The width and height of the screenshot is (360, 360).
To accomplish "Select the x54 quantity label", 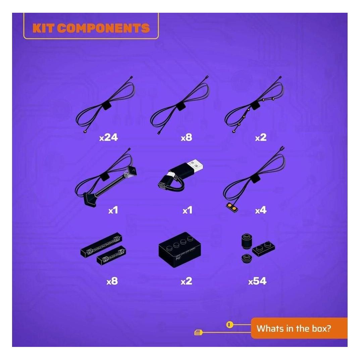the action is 257,281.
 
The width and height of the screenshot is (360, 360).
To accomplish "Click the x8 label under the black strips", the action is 112,281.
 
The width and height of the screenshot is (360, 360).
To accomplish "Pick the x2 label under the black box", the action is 186,281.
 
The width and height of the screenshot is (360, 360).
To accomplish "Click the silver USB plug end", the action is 195,165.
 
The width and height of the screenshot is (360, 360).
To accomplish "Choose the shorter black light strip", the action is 112,255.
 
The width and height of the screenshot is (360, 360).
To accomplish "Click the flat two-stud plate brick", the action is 264,249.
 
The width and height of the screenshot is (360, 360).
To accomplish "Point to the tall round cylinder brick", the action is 247,241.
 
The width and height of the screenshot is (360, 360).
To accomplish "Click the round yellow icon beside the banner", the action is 229,325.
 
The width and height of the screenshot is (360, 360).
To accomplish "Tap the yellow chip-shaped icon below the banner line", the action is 199,332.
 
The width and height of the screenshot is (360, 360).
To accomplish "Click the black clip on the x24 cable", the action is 106,106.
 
